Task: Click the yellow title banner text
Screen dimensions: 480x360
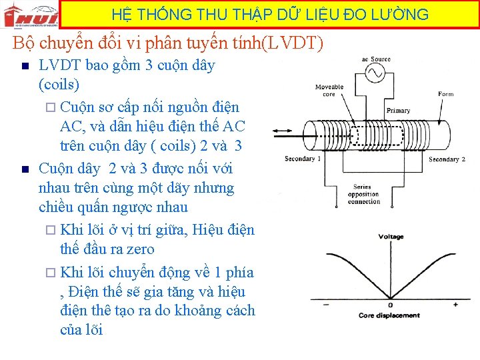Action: pyautogui.click(x=270, y=14)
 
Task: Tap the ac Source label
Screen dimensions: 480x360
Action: pyautogui.click(x=376, y=59)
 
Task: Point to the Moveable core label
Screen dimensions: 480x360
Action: pyautogui.click(x=329, y=90)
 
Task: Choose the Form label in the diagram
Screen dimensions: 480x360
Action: pyautogui.click(x=446, y=94)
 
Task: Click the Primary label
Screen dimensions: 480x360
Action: pyautogui.click(x=398, y=111)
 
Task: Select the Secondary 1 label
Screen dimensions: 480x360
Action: pyautogui.click(x=302, y=159)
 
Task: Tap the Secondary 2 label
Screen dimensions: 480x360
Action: pyautogui.click(x=445, y=159)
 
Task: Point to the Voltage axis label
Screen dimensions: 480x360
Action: pyautogui.click(x=391, y=237)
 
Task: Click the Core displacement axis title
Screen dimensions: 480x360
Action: pyautogui.click(x=389, y=315)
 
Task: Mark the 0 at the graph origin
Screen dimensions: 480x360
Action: pyautogui.click(x=391, y=305)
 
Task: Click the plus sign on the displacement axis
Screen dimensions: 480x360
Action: pyautogui.click(x=456, y=304)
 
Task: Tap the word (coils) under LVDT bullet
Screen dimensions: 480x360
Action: pyautogui.click(x=59, y=85)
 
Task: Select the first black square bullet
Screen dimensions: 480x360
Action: pyautogui.click(x=24, y=66)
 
